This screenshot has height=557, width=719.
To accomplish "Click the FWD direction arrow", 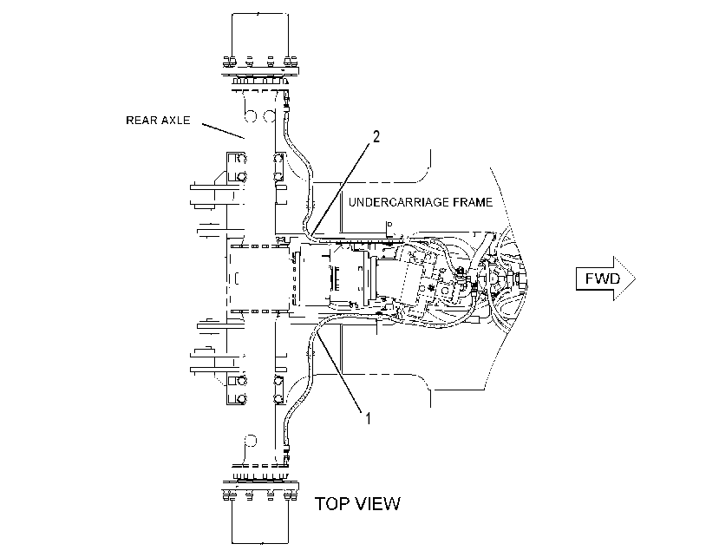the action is (605, 278).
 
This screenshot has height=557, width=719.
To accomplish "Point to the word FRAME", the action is (473, 202).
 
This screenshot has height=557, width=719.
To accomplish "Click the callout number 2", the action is (376, 136).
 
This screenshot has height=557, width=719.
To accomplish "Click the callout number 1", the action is (368, 418).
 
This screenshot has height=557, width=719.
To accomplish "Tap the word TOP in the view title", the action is (330, 504).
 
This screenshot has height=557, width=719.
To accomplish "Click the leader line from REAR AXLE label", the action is (223, 130).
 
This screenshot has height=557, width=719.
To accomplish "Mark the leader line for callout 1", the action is (338, 372).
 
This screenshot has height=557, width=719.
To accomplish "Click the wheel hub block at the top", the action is (260, 36).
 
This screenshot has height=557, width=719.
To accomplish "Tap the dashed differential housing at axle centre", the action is (259, 278).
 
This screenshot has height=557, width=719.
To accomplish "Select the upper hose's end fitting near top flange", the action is (286, 102).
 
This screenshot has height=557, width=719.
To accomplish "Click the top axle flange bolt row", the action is (260, 61).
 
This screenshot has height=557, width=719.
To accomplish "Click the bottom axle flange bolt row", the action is (260, 495).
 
